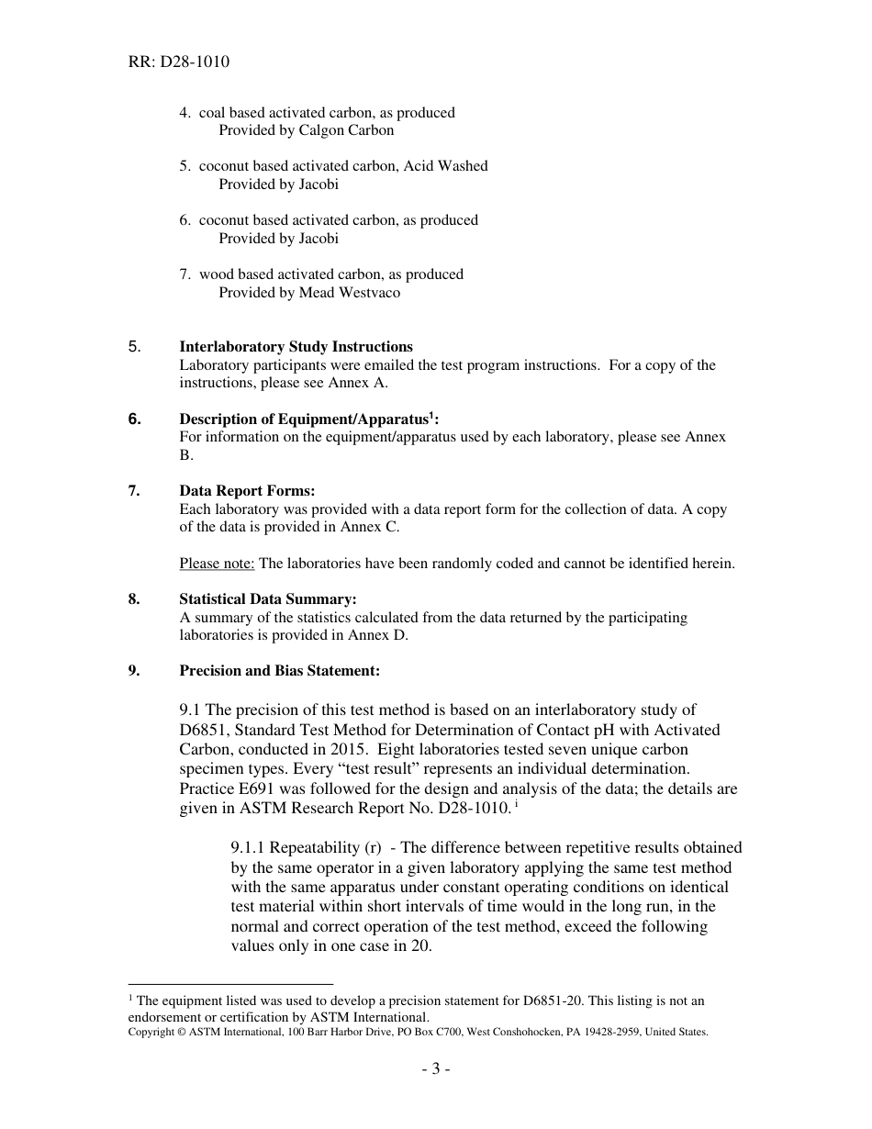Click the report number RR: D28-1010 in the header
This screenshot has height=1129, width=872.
point(180,62)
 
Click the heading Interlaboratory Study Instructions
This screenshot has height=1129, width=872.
point(296,347)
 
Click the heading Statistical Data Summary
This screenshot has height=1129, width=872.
point(268,599)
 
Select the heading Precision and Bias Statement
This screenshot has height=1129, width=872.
point(279,671)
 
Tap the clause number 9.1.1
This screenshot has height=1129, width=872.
point(249,848)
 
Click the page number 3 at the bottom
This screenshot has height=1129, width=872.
point(436,1068)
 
